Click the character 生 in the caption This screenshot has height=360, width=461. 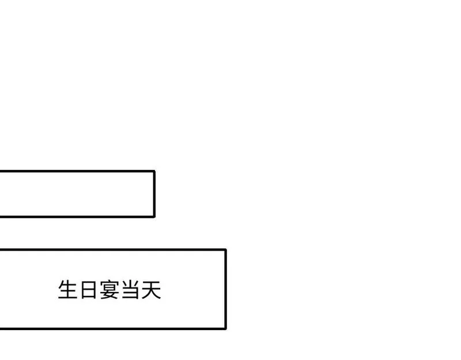point(68,290)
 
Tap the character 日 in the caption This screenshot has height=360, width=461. point(89,290)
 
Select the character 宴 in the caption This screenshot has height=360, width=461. point(109,290)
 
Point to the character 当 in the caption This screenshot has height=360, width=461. point(130,290)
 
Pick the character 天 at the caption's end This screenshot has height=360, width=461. point(151,290)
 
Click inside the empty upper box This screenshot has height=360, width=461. point(77,194)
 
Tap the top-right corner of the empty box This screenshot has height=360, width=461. point(154,171)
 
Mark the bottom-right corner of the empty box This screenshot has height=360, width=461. point(154,217)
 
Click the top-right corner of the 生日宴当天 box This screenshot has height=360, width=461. point(226,250)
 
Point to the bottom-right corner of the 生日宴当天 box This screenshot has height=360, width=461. point(226,328)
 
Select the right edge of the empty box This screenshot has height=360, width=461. point(154,194)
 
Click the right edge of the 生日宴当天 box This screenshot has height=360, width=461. point(226,289)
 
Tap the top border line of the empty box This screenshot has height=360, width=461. point(77,171)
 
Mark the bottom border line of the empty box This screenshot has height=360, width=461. point(77,217)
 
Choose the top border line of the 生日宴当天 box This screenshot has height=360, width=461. point(113,250)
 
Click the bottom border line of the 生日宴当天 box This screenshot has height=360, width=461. point(113,328)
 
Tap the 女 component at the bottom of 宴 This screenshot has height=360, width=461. point(109,295)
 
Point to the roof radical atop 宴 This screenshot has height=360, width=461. point(109,283)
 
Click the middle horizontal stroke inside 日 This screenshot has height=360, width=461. point(89,290)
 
